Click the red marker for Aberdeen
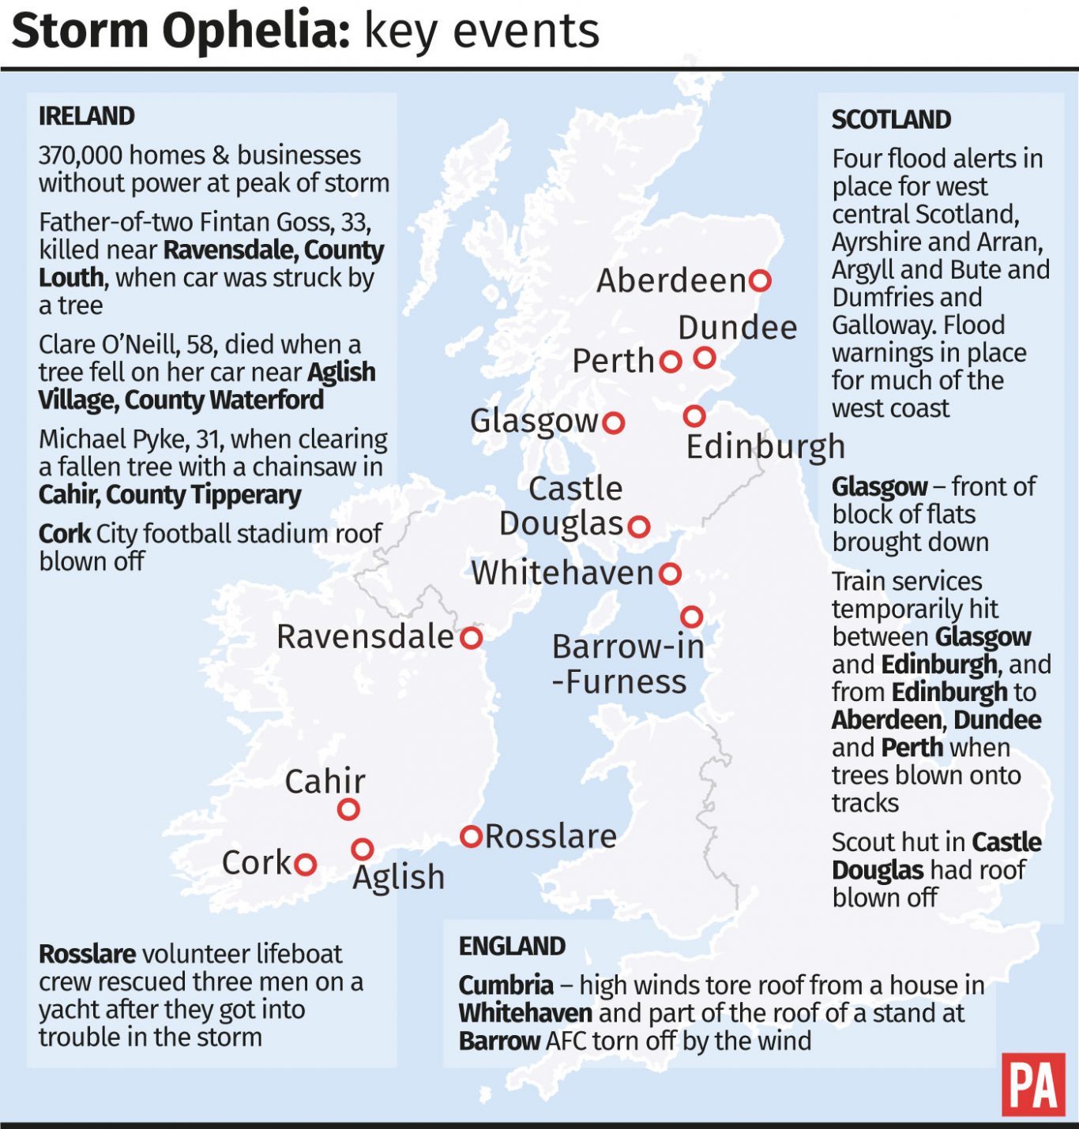[760, 280]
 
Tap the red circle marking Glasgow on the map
[614, 422]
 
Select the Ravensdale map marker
[472, 637]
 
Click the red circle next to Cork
[306, 865]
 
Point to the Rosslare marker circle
[472, 836]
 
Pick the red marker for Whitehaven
[671, 574]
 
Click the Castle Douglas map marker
[639, 526]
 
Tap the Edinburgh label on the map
[765, 447]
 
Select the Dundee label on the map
[737, 328]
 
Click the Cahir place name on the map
[325, 782]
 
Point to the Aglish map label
[398, 877]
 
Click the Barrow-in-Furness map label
[626, 664]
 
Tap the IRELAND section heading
[87, 116]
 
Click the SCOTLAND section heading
[891, 120]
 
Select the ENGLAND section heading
[512, 946]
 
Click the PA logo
[1032, 1085]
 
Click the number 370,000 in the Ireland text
[82, 156]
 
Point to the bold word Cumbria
[506, 985]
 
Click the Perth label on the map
[613, 361]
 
